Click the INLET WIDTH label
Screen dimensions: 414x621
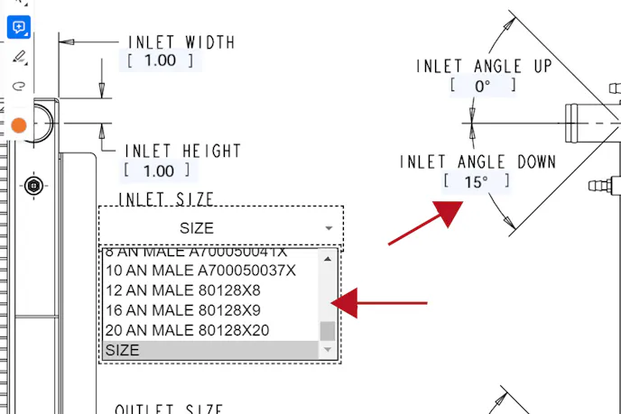(181, 42)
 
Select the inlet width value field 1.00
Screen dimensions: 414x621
(160, 60)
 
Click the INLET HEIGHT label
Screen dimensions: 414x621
(182, 151)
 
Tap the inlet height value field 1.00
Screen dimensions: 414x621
(159, 170)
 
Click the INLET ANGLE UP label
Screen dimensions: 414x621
(483, 67)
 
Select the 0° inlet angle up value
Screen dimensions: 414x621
(483, 86)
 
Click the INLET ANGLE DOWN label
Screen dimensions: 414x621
(477, 162)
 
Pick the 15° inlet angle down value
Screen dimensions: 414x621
(477, 181)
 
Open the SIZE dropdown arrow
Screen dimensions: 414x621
(329, 228)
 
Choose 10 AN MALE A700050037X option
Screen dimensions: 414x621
(200, 271)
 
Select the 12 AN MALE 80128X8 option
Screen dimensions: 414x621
(183, 290)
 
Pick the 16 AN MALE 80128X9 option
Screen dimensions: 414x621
(183, 310)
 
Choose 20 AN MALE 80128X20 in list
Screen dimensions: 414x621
(187, 330)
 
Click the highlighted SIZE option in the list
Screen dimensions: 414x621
(208, 350)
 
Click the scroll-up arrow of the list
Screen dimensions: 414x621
(328, 258)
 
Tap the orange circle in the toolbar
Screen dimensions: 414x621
(19, 125)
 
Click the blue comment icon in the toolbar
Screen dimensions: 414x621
(19, 27)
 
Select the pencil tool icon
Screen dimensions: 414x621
(19, 58)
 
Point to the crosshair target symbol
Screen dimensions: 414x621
(34, 186)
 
